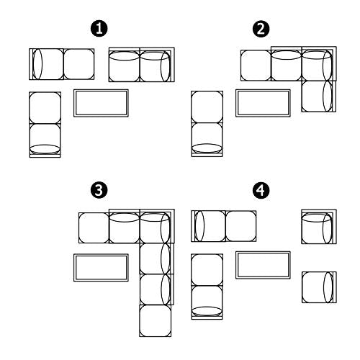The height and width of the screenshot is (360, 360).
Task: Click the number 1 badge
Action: [x=99, y=29]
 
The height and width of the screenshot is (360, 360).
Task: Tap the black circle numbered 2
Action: [x=261, y=29]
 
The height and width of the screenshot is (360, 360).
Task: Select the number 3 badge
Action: [x=99, y=190]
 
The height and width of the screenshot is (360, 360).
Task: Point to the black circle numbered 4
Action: [x=261, y=190]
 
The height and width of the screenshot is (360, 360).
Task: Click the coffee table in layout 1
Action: [x=101, y=103]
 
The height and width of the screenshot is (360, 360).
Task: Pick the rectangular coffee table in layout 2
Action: [x=263, y=103]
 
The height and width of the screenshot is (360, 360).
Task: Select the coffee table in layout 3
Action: [x=101, y=268]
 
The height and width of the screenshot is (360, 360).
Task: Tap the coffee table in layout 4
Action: [x=263, y=265]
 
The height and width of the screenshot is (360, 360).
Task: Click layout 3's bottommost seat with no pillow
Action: [x=156, y=320]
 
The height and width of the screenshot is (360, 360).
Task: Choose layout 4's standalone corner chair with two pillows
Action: [x=319, y=227]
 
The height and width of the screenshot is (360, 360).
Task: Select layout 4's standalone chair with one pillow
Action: [x=319, y=287]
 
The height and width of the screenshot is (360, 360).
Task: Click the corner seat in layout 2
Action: [x=319, y=63]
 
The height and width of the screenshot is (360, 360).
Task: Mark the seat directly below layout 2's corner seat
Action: [x=319, y=96]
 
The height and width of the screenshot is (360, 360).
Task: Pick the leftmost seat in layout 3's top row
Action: [x=94, y=228]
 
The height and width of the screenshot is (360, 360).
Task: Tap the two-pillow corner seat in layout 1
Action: [x=157, y=65]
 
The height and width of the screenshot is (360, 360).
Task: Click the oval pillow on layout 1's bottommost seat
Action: [x=45, y=149]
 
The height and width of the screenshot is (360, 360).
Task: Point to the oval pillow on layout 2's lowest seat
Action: [x=207, y=148]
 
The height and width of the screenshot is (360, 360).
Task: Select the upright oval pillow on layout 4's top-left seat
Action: [x=199, y=226]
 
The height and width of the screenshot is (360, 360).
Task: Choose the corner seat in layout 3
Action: [x=157, y=226]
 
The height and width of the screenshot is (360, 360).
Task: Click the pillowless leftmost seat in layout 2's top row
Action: [x=256, y=66]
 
